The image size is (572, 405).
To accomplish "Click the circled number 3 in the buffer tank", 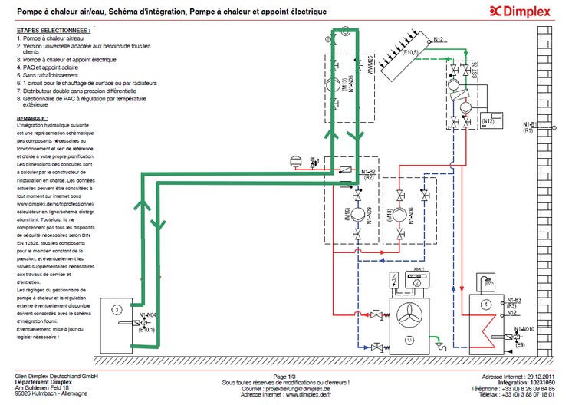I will [x=115, y=309].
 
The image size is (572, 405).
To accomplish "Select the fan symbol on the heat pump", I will [x=409, y=314].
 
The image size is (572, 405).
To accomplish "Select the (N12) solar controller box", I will [x=489, y=121].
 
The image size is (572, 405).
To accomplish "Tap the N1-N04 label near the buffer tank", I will [x=147, y=316].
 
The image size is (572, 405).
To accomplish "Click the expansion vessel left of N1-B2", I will [x=292, y=161].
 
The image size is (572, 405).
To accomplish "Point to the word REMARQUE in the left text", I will [x=34, y=119].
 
